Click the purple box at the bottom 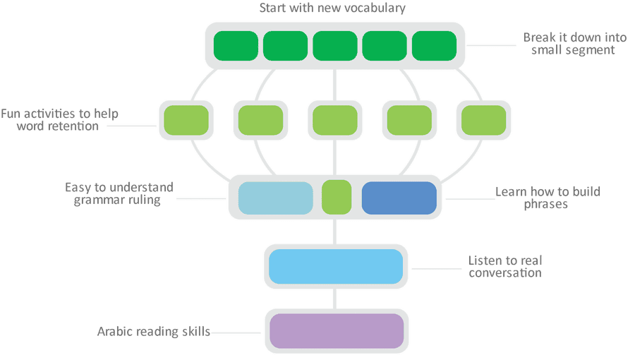(x=337, y=331)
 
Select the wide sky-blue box (x=336, y=266)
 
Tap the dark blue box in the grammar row (x=399, y=198)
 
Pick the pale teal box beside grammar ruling (x=275, y=198)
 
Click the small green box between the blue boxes (x=337, y=197)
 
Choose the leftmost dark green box (x=236, y=46)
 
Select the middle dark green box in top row (x=335, y=46)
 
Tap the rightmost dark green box (x=434, y=46)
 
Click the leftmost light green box (x=186, y=120)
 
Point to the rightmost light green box (x=483, y=120)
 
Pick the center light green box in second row (x=335, y=120)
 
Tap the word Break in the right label (x=540, y=37)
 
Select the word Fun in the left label (x=11, y=114)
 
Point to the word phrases (x=545, y=204)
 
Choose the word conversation (x=505, y=273)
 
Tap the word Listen (x=483, y=260)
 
